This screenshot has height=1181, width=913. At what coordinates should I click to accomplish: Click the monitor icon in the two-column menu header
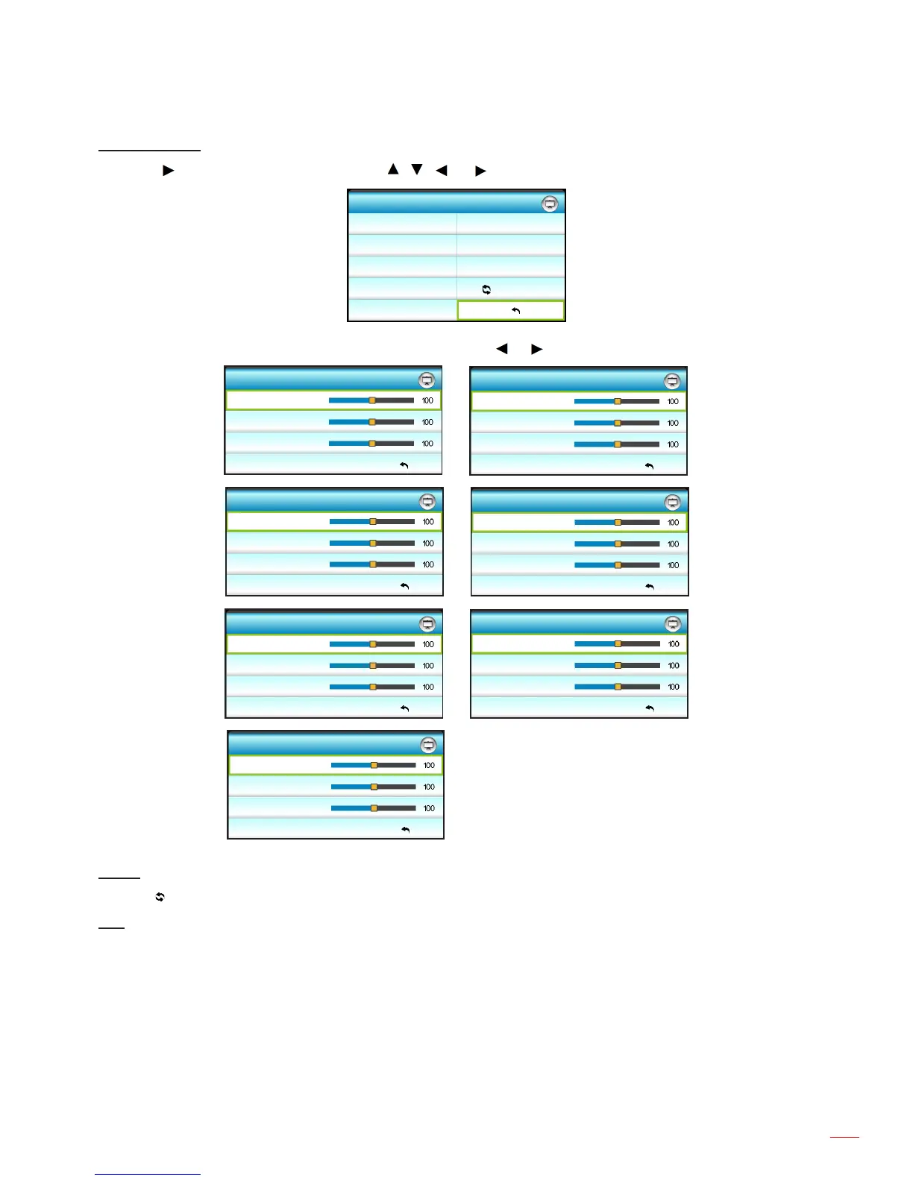(x=550, y=204)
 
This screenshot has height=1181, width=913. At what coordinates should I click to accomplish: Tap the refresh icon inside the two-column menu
(x=486, y=289)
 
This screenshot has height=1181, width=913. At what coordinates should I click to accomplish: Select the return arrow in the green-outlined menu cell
(x=515, y=311)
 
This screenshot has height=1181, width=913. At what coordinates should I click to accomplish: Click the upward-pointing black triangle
(x=393, y=169)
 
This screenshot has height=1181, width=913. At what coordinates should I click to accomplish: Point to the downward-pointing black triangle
(x=417, y=169)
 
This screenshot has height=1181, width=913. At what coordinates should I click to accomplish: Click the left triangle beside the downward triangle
(x=442, y=171)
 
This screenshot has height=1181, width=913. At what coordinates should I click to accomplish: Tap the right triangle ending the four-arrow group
(x=480, y=171)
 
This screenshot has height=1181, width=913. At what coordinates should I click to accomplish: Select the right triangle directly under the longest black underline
(x=169, y=171)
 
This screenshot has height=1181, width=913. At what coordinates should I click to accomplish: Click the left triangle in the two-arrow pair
(x=502, y=348)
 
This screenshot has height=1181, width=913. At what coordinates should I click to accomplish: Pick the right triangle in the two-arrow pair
(x=536, y=348)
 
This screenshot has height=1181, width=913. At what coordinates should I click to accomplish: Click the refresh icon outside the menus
(x=160, y=898)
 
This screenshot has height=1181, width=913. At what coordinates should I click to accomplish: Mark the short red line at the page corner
(x=844, y=1137)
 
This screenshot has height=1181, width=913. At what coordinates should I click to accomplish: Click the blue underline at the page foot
(x=148, y=1174)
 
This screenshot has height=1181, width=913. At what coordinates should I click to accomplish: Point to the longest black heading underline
(x=149, y=151)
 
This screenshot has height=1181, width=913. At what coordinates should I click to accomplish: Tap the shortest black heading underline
(x=111, y=928)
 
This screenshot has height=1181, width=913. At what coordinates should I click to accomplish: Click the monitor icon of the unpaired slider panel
(x=428, y=745)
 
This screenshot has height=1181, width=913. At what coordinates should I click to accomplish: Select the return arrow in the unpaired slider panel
(x=405, y=829)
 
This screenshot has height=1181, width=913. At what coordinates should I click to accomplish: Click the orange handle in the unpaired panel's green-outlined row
(x=374, y=765)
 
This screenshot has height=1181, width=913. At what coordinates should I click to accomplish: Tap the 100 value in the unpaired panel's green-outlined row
(x=429, y=765)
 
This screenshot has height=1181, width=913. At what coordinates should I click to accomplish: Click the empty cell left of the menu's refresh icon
(x=403, y=289)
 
